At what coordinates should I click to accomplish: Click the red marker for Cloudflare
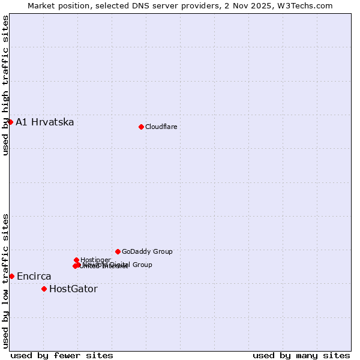(x=141, y=127)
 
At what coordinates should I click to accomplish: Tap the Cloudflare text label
(x=161, y=127)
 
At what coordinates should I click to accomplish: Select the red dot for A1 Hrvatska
(x=10, y=122)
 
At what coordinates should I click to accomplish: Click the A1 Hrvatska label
(x=45, y=122)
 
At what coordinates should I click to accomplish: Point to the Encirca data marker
(x=11, y=276)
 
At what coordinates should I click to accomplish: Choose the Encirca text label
(x=34, y=277)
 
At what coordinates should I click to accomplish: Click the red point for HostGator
(x=44, y=289)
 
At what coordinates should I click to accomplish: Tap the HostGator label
(x=73, y=289)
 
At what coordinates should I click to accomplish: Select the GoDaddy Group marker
(x=118, y=251)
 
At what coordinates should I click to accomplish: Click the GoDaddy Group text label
(x=147, y=252)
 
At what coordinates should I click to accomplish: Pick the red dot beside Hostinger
(x=76, y=260)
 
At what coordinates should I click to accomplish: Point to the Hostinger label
(x=95, y=260)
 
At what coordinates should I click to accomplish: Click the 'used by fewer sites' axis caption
(x=62, y=355)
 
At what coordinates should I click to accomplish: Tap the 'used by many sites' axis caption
(x=301, y=355)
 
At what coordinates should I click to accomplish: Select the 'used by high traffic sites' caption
(x=5, y=85)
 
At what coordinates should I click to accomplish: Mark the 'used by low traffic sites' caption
(x=5, y=280)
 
